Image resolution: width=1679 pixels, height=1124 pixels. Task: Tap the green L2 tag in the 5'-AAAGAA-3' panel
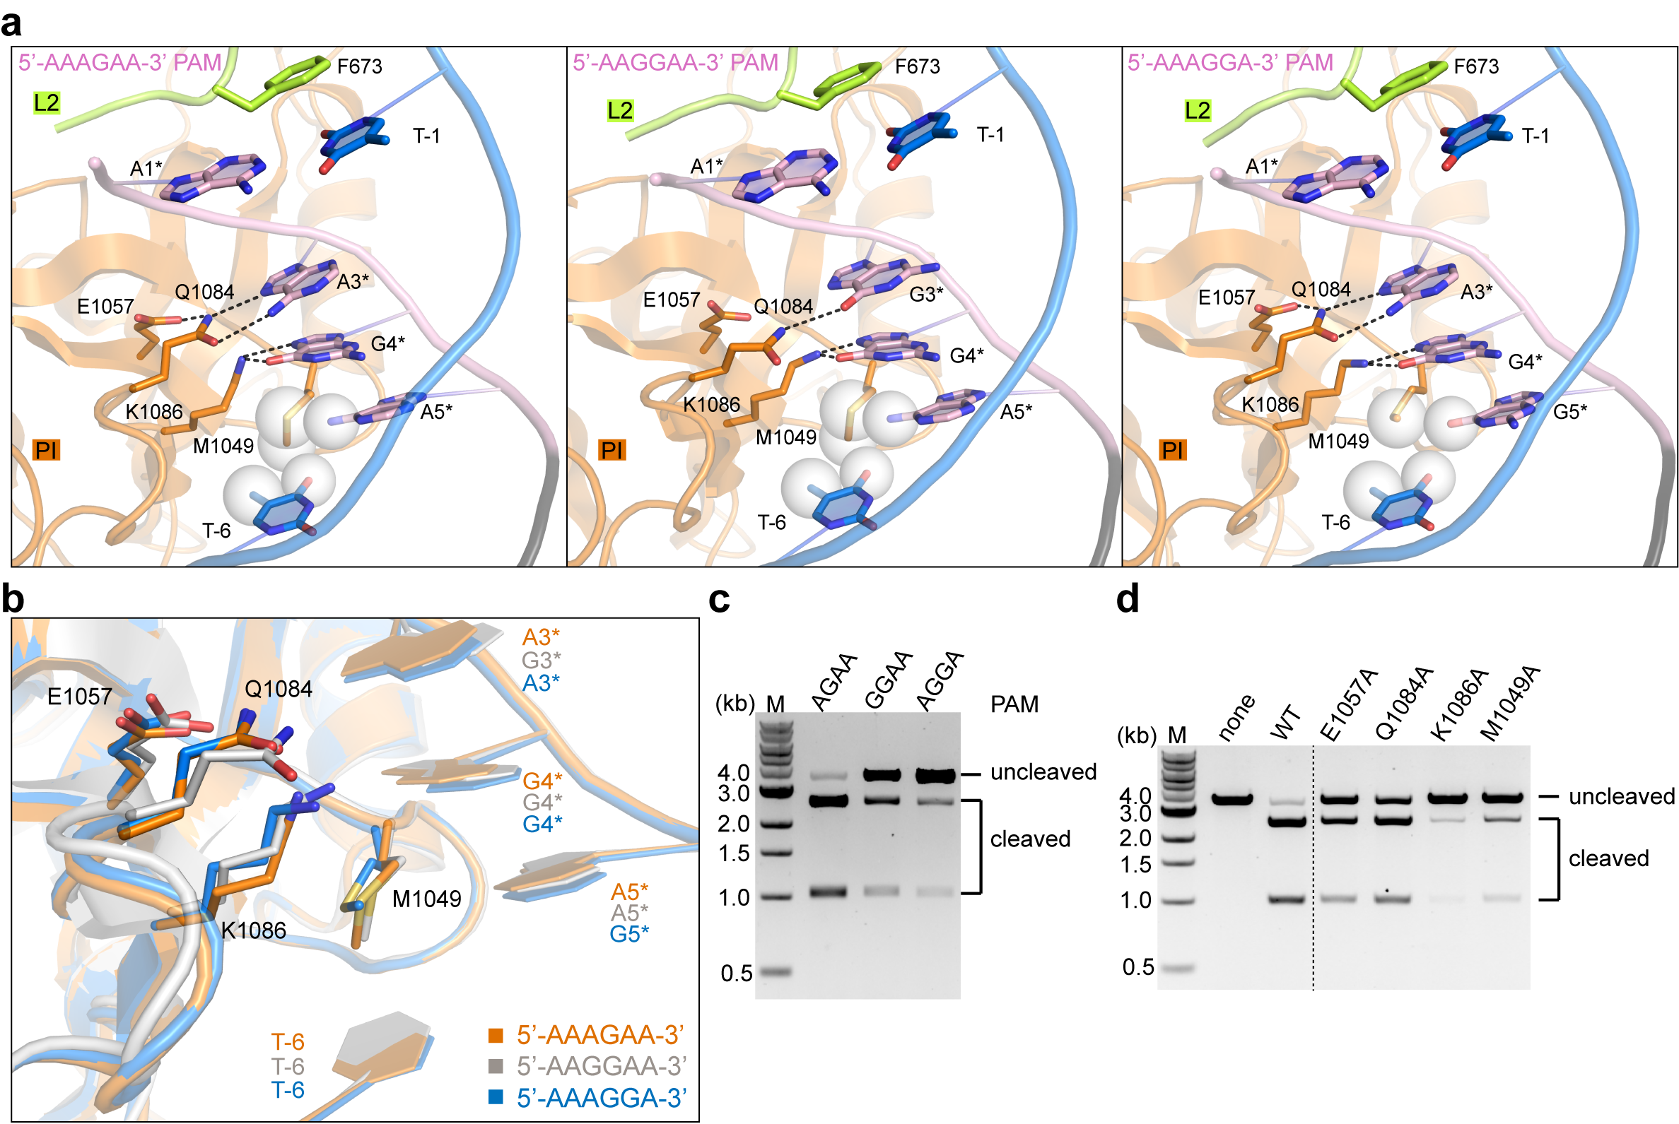tap(47, 102)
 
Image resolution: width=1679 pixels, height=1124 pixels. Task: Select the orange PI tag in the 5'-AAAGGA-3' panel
tap(1171, 450)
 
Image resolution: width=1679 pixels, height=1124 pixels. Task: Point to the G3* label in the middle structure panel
tap(926, 294)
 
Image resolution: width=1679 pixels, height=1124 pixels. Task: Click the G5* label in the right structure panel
tap(1570, 411)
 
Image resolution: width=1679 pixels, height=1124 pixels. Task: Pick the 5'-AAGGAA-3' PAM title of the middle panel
tap(675, 62)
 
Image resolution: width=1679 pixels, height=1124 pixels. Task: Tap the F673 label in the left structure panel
tap(359, 66)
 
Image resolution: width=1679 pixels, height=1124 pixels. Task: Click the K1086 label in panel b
tap(253, 930)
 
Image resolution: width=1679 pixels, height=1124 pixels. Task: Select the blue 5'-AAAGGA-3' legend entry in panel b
tap(601, 1098)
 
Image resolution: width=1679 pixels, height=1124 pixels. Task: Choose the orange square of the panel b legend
tap(496, 1035)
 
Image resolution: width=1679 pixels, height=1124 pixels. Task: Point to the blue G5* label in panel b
tap(629, 934)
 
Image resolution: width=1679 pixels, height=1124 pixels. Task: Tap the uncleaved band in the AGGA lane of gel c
tap(935, 775)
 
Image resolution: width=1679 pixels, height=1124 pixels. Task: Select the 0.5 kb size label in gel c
tap(736, 973)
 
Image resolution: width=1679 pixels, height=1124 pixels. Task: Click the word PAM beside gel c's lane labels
tap(1014, 704)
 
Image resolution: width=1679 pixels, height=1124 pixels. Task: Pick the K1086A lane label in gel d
tap(1460, 706)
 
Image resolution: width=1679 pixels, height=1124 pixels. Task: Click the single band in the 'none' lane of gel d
tap(1232, 798)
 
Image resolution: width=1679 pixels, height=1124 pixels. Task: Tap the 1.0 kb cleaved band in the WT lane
tap(1287, 899)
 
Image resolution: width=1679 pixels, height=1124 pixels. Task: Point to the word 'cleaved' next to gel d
tap(1608, 858)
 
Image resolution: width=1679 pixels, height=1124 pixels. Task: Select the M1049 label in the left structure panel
tap(223, 446)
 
